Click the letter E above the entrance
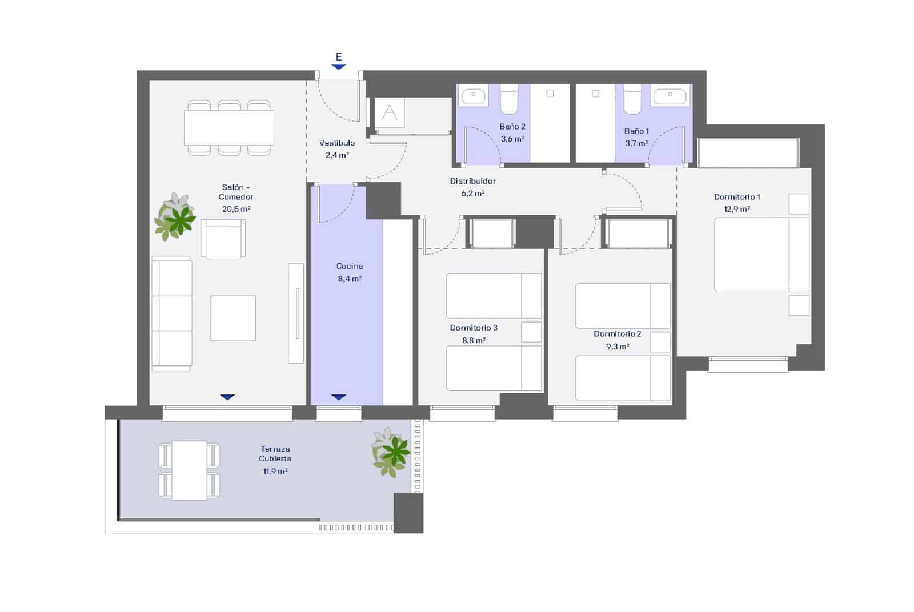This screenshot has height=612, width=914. pos(339,57)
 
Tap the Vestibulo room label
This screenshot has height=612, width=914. pos(336,143)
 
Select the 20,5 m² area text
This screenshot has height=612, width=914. pos(236,209)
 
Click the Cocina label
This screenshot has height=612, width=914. pos(350,266)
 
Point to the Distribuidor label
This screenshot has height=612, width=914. pos(472,181)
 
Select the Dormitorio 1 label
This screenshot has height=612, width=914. pos(737,197)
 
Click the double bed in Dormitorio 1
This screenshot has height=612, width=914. pos(761,255)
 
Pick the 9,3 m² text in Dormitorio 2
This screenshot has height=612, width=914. pos(617,347)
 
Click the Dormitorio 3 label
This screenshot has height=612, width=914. pos(474,328)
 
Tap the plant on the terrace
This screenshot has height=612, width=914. pos(391,453)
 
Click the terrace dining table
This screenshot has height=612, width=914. pos(189,470)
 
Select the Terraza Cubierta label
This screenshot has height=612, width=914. pos(275,454)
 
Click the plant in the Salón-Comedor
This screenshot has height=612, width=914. pos(175,218)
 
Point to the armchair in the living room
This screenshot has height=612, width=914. pos(223,239)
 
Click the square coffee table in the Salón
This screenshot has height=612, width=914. pos(232,318)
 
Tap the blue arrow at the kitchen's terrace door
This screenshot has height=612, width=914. pos(339,397)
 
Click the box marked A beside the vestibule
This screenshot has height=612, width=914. pos(390,113)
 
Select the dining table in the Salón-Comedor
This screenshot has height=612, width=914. pos(228,128)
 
